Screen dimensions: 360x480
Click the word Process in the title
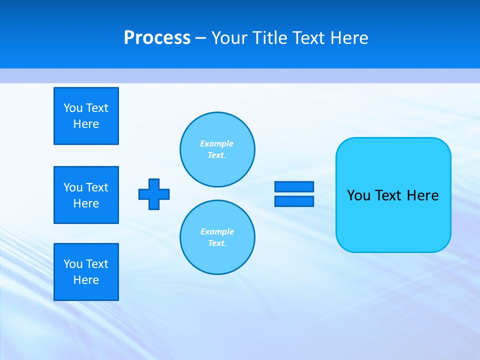[157, 38]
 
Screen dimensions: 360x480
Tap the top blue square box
[86, 116]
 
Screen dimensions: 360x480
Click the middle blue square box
[86, 195]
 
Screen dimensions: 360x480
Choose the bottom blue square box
[86, 272]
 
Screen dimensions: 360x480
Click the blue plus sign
[154, 194]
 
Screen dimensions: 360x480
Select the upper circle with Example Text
[217, 149]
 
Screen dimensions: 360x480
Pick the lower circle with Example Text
[217, 237]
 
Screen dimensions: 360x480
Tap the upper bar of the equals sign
[294, 186]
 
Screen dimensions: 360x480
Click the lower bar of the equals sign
[294, 201]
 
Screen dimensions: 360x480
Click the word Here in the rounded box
[422, 195]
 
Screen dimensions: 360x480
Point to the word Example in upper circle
[217, 143]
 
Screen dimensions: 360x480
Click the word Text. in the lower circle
[217, 243]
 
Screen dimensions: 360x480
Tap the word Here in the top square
[86, 124]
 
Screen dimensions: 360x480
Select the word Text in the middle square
[97, 187]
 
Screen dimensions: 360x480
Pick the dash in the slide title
[201, 38]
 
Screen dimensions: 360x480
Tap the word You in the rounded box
[358, 195]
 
